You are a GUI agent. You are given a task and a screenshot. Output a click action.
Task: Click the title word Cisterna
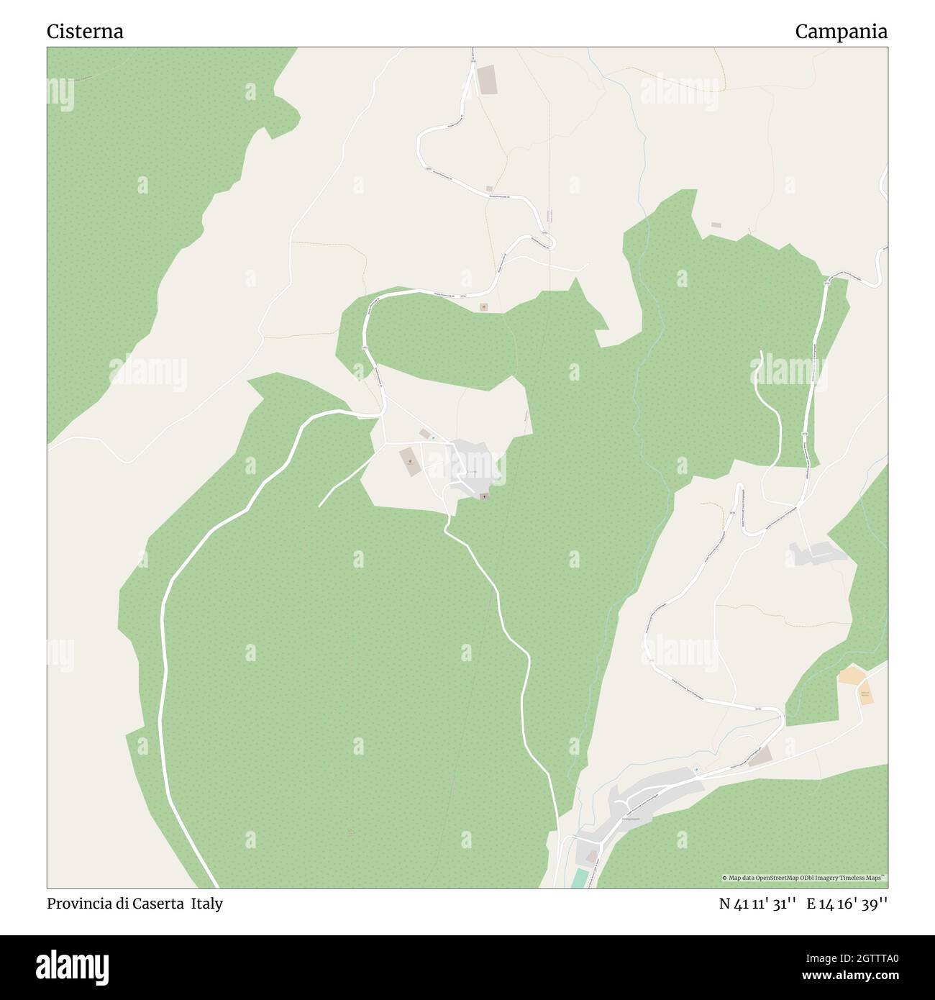pyautogui.click(x=85, y=32)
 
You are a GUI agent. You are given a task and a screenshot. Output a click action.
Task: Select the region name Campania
pyautogui.click(x=841, y=32)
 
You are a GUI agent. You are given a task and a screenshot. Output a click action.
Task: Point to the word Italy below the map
pyautogui.click(x=206, y=904)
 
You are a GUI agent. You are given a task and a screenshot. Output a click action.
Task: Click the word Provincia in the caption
pyautogui.click(x=78, y=904)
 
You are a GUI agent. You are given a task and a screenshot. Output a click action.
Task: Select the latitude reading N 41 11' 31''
pyautogui.click(x=757, y=904)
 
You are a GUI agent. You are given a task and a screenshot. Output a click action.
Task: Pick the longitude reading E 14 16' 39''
pyautogui.click(x=847, y=904)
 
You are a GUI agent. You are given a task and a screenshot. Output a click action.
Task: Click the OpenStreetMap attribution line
pyautogui.click(x=803, y=878)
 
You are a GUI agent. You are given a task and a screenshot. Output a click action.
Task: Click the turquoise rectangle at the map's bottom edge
pyautogui.click(x=579, y=878)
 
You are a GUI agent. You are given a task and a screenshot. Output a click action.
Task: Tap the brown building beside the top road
pyautogui.click(x=487, y=78)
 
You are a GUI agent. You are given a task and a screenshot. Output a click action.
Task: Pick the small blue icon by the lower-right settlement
pyautogui.click(x=695, y=771)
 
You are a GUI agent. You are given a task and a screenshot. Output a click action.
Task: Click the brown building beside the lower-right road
pyautogui.click(x=760, y=756)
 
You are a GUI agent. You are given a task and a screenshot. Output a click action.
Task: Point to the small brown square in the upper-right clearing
pyautogui.click(x=716, y=225)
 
